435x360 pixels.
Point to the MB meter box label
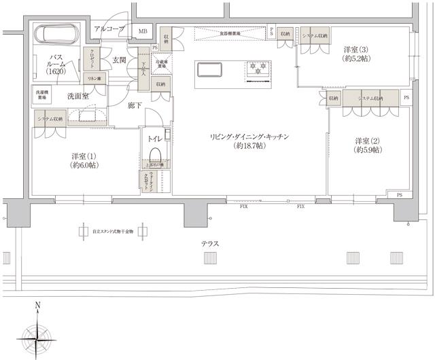143,31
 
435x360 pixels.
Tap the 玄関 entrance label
119,60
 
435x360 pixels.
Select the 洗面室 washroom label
77,96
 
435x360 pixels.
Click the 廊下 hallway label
133,105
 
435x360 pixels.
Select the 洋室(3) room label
355,54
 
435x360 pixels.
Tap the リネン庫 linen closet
94,79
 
